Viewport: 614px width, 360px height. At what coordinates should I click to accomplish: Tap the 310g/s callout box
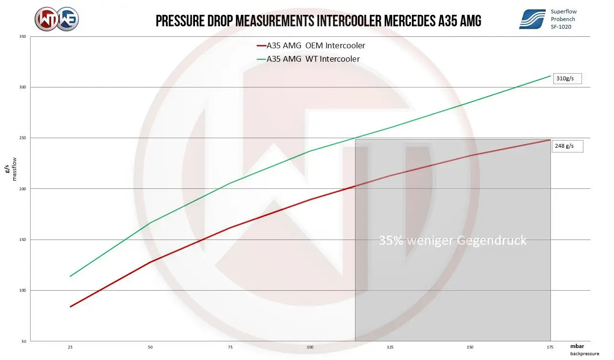pos(567,78)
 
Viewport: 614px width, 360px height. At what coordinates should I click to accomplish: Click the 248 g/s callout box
pos(568,146)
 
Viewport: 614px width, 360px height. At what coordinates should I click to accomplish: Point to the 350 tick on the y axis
pos(22,36)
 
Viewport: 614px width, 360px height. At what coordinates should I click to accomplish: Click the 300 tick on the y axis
pos(22,87)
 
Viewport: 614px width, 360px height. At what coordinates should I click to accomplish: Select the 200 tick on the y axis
pos(22,189)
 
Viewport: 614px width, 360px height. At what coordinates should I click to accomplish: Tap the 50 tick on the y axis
pos(23,341)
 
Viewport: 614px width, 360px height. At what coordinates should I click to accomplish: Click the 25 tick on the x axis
pos(70,347)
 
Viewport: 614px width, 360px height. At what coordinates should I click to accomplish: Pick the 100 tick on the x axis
pos(310,347)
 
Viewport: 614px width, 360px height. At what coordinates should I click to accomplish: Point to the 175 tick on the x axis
pos(550,347)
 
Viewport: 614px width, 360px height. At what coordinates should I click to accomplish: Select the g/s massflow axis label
pos(10,173)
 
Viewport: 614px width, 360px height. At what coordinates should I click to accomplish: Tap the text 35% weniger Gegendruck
pos(452,240)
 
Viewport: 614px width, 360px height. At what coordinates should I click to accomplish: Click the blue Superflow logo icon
pos(532,19)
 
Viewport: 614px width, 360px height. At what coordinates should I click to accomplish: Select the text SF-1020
pos(560,27)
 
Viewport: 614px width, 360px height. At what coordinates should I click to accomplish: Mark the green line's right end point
pos(551,76)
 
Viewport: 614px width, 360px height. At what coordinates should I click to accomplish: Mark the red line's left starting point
pos(70,307)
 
